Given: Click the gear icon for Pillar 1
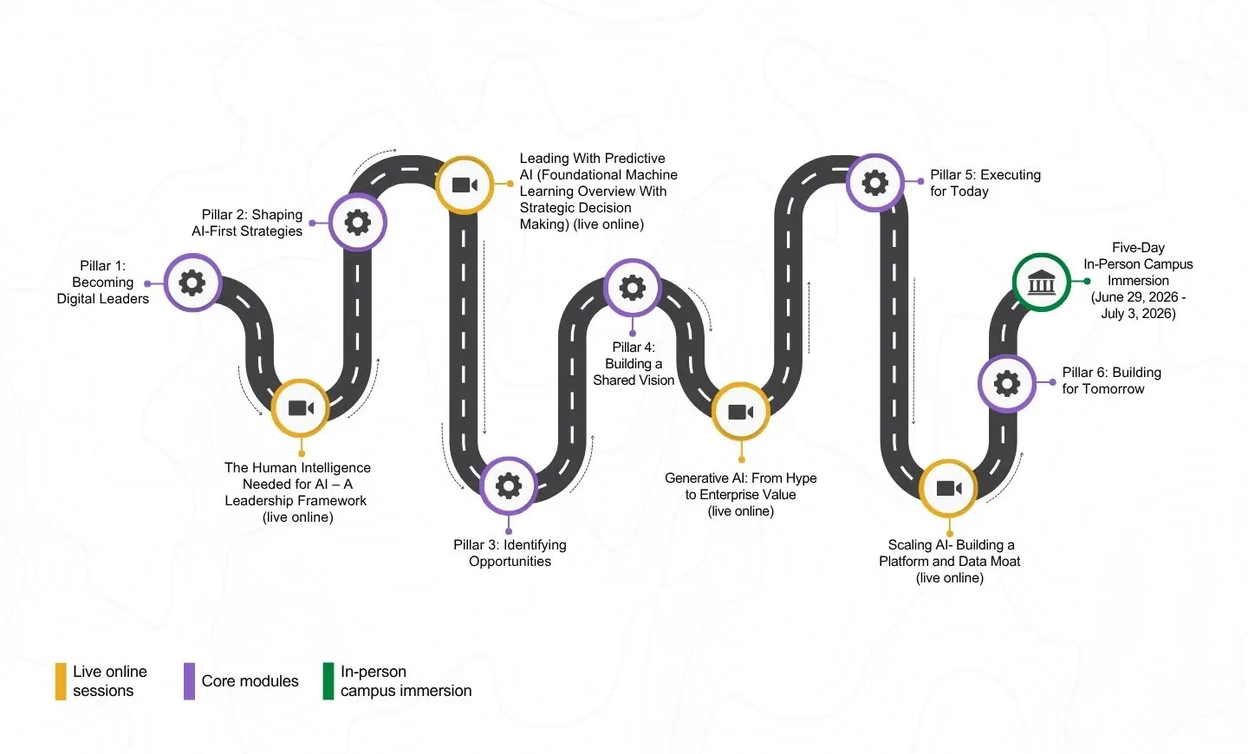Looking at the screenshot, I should click(x=192, y=283).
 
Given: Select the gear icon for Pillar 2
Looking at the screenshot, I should click(x=357, y=223).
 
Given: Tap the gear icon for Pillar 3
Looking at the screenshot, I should click(x=508, y=485).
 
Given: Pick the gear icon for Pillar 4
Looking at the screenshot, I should click(x=632, y=288).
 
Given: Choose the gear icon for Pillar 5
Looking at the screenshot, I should click(x=874, y=183).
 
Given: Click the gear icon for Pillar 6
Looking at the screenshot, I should click(x=1006, y=383).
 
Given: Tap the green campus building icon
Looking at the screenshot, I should click(x=1041, y=282).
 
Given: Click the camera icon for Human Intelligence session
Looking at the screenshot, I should click(x=300, y=407).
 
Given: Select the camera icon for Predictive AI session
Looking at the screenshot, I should click(x=465, y=185).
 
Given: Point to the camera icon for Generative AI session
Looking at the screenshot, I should click(x=740, y=412).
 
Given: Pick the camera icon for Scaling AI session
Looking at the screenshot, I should click(x=948, y=488).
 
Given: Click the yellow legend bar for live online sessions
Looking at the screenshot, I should click(x=61, y=681).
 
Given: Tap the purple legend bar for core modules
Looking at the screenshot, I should click(x=189, y=681).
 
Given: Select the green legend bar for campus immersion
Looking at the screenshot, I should click(x=328, y=681).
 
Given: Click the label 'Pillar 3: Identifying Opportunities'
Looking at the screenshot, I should click(x=510, y=553).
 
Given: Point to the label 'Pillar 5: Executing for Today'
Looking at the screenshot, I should click(x=985, y=183).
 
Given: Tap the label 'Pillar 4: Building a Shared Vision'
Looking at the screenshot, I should click(x=634, y=364).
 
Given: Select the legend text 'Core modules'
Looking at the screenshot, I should click(x=250, y=681).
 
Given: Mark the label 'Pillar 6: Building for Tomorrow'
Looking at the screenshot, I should click(x=1111, y=380).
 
